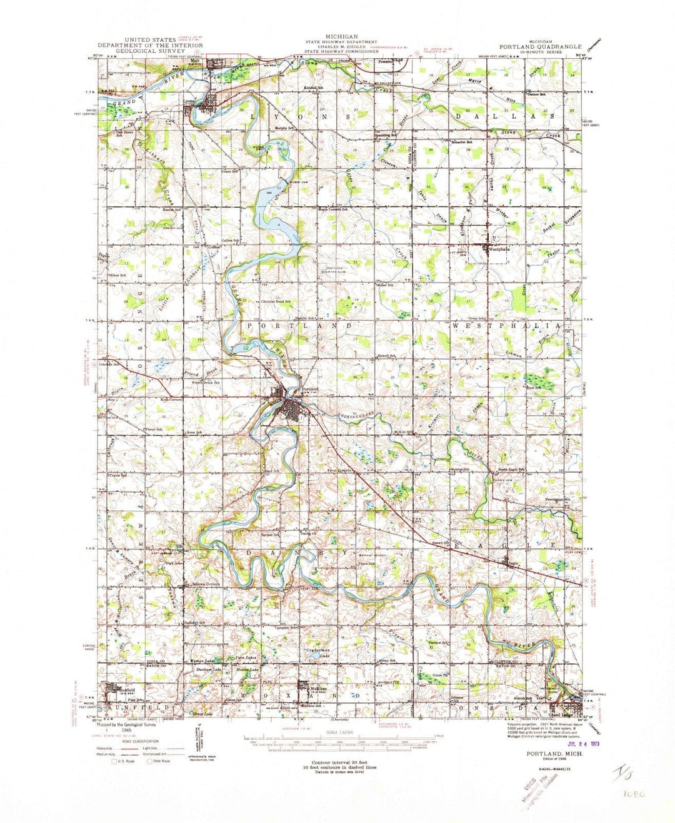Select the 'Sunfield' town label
point(124,685)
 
